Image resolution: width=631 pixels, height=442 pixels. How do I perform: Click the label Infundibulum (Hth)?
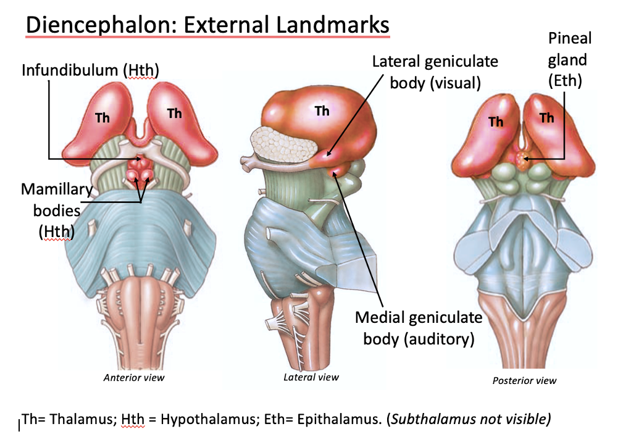[x=91, y=70]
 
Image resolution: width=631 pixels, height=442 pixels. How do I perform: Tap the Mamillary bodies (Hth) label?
[x=51, y=210]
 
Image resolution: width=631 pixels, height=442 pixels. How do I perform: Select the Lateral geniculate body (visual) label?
[x=435, y=72]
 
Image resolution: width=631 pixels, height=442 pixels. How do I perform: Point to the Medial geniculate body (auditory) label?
[x=419, y=328]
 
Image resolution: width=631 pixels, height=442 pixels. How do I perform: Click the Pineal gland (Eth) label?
[x=569, y=59]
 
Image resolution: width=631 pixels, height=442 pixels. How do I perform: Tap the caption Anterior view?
[x=134, y=377]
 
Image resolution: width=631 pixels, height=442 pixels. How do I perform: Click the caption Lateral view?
[x=311, y=377]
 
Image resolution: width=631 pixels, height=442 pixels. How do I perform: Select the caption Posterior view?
[x=524, y=380]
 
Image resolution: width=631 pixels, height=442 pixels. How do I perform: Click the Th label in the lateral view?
[x=322, y=111]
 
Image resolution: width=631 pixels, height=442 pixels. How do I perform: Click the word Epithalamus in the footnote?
[x=340, y=419]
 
